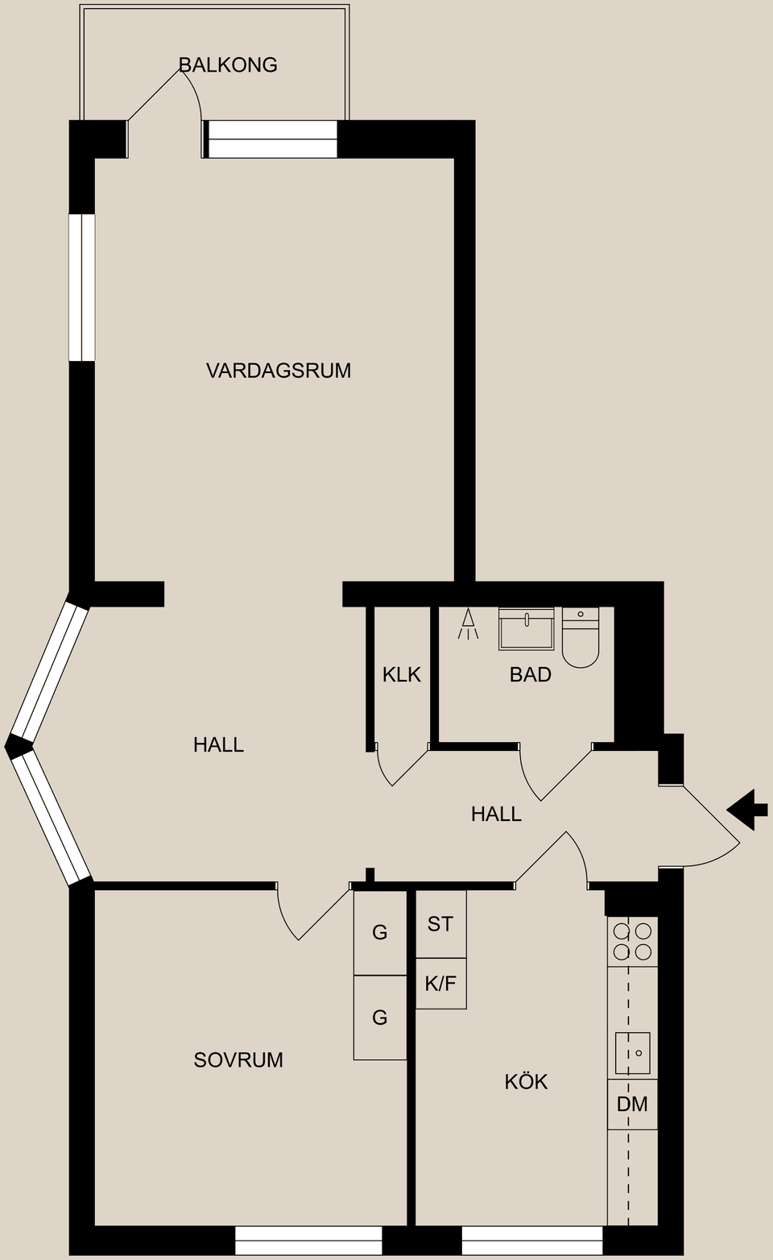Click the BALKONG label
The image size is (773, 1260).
228,65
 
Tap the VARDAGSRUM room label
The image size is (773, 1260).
279,371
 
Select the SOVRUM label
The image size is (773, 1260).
238,1059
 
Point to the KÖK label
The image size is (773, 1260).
526,1081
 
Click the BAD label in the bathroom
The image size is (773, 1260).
530,674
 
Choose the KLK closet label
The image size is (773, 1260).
401,674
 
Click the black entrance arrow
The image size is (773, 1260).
746,809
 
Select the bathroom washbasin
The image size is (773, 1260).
527,628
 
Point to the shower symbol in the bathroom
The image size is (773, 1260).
468,624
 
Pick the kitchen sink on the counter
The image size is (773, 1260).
632,1053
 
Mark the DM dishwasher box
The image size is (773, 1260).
632,1104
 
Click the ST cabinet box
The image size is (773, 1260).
440,924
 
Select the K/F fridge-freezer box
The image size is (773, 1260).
440,983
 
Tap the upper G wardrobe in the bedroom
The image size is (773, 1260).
380,933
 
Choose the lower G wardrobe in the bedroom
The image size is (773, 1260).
380,1018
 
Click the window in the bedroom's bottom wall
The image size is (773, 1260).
308,1241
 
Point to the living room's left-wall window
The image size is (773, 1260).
81,288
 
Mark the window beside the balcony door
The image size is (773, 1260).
272,139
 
